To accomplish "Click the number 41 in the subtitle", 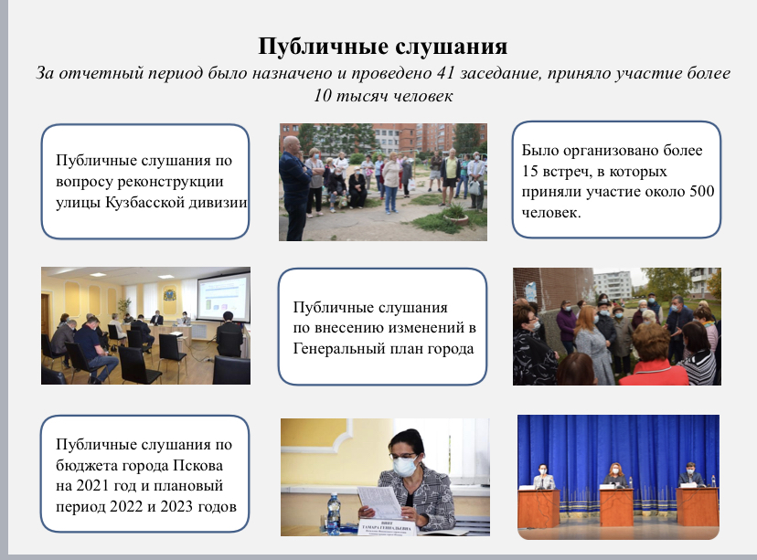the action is tap(445, 73).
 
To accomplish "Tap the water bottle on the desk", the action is tap(334, 513).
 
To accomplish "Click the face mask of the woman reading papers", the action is tap(405, 467).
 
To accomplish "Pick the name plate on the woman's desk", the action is tap(387, 528).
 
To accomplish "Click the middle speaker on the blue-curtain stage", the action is tap(615, 476).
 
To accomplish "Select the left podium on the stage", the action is tap(538, 507).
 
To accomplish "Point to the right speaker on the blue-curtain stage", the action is tap(691, 475).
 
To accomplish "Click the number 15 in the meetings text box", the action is tap(529, 171).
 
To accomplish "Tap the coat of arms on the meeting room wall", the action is tap(169, 294).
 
